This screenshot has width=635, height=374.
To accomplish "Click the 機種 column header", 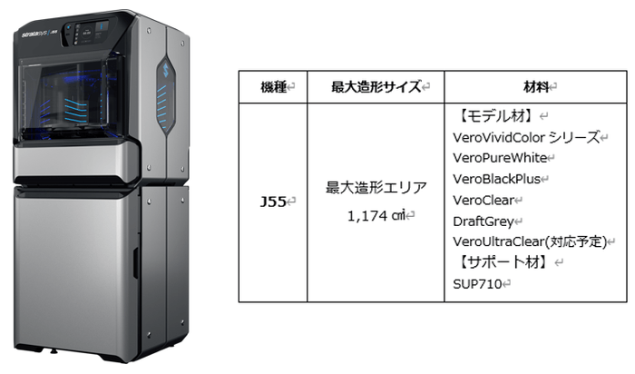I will tap(271, 87).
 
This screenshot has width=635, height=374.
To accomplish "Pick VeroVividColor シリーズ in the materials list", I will tap(526, 138).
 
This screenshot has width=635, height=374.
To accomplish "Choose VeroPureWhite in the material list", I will tap(499, 158).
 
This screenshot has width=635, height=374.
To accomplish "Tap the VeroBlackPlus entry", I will tap(497, 179).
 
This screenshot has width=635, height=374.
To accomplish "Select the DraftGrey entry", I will tap(484, 221).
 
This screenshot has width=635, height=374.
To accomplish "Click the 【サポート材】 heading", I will tap(500, 262).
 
